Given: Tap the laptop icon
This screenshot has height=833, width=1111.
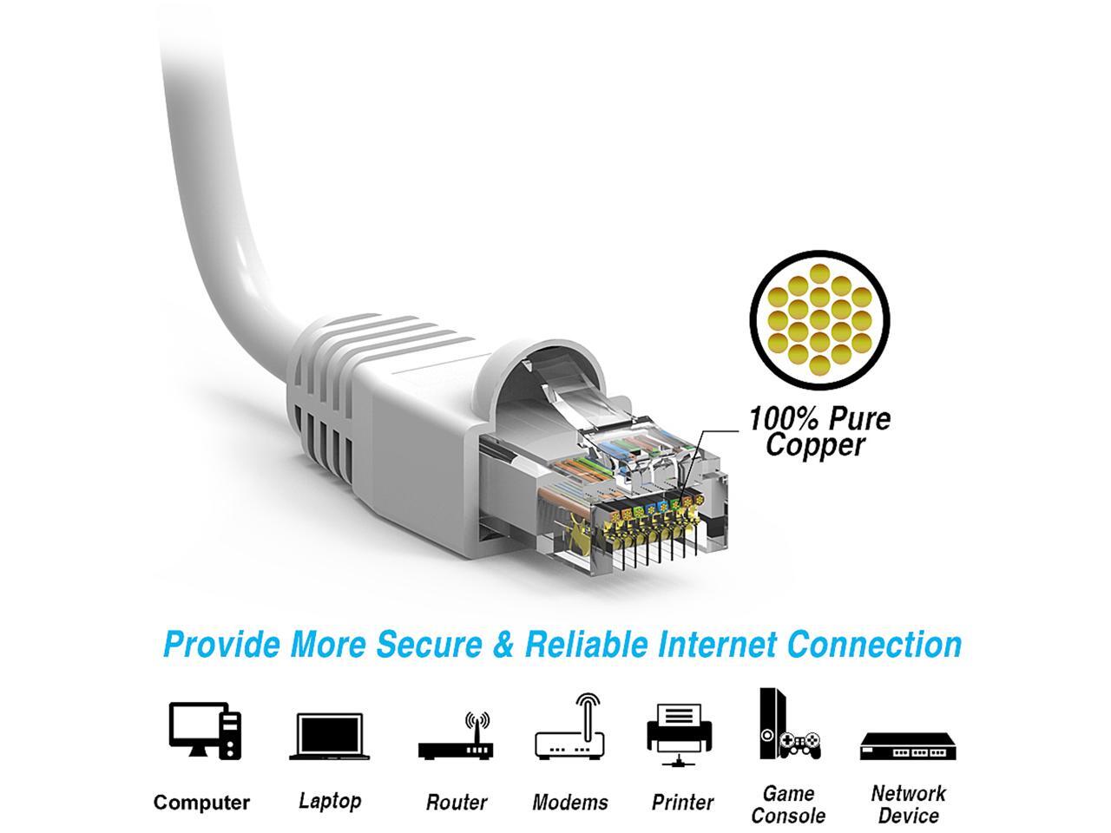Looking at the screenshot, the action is (329, 737).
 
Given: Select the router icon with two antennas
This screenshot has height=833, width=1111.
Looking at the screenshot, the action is (455, 738).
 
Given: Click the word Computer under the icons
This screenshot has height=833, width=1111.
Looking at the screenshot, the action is (201, 803).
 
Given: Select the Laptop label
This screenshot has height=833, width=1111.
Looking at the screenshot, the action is (329, 800).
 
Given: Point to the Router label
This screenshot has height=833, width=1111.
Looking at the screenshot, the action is (456, 803).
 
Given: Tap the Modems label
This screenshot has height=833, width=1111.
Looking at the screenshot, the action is (570, 803).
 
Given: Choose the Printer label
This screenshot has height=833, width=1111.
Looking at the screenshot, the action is (682, 803).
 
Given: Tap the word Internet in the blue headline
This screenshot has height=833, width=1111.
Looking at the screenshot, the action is (717, 645).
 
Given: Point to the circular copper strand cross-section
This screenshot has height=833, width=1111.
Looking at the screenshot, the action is (821, 319).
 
